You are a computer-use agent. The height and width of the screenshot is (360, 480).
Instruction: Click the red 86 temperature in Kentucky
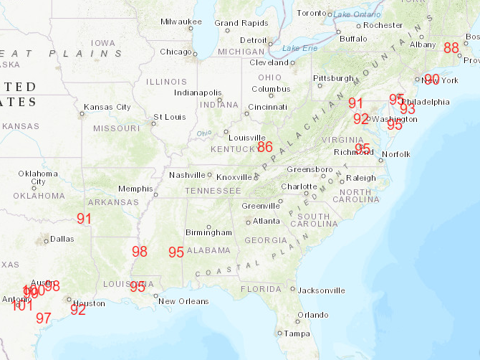pos(265,147)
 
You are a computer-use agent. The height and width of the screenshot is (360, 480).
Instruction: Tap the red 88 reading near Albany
pos(451,48)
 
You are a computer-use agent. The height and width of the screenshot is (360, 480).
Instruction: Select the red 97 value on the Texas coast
pos(44,318)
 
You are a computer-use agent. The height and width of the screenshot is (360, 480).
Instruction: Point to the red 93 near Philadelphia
pos(408,109)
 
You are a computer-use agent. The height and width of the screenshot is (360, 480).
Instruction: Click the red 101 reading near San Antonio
pos(23,305)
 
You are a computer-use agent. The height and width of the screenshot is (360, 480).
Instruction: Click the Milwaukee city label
pos(181,22)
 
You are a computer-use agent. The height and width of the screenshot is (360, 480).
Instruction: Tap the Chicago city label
pos(176,52)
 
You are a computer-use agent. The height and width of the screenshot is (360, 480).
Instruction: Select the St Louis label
pos(169,117)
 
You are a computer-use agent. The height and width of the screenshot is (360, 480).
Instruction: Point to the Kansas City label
pos(107,108)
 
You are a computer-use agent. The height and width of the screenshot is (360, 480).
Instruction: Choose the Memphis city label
pos(135,189)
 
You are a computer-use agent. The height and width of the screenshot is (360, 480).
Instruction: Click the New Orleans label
pos(183,301)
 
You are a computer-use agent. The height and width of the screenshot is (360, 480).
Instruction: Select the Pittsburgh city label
pos(333,78)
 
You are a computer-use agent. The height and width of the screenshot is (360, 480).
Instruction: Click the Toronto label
pos(311,13)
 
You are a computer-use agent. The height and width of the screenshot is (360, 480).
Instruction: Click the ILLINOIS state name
pos(166,82)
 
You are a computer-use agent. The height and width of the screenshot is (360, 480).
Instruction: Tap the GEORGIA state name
pos(266,240)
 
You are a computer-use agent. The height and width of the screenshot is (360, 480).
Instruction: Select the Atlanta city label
pos(266,221)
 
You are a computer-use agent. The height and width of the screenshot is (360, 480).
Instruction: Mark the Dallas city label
pos(62,239)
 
